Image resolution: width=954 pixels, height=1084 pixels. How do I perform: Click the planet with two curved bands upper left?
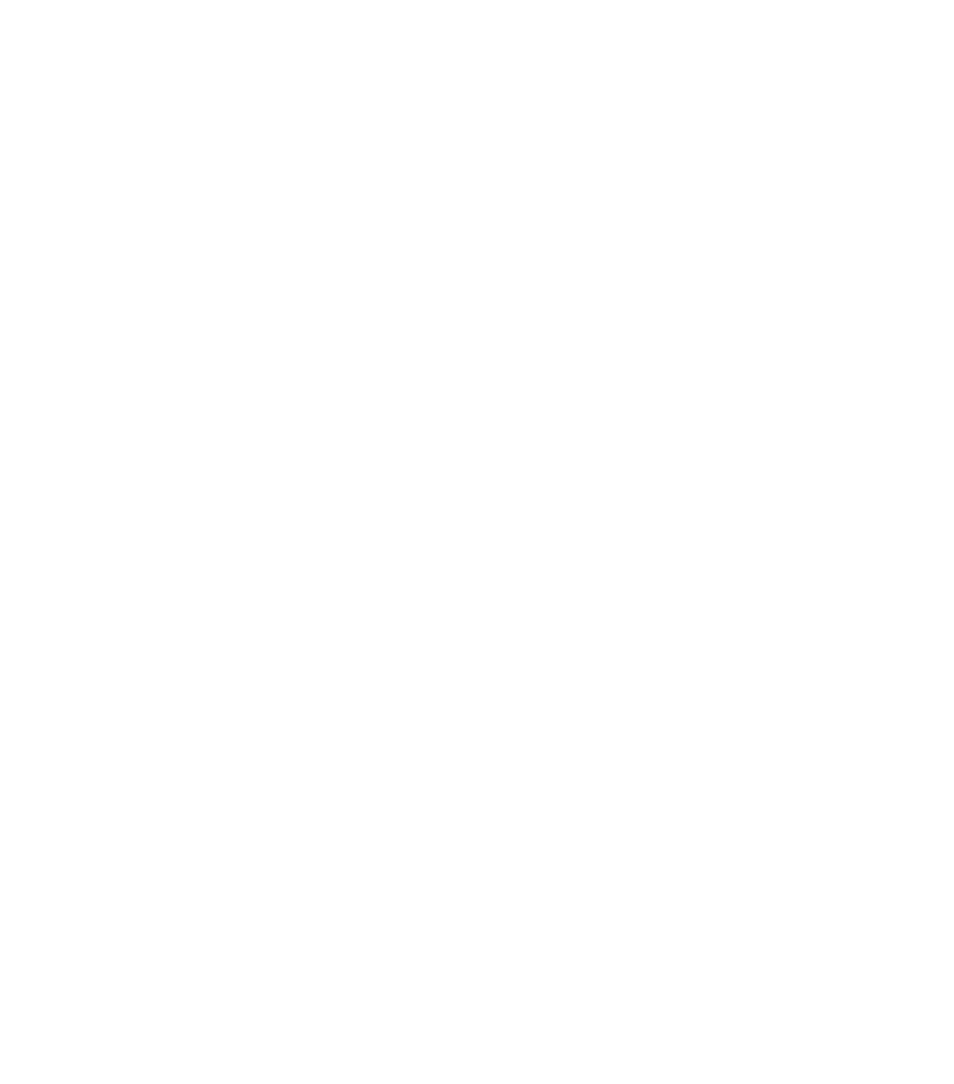point(202,298)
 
